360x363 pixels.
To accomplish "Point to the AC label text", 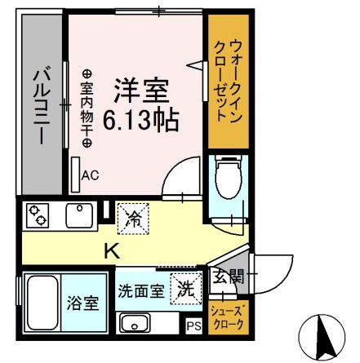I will (90, 174).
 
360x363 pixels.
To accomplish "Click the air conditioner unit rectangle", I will (74, 173).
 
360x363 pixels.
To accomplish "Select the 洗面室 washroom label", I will (140, 289).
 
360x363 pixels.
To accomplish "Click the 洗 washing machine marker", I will (184, 288).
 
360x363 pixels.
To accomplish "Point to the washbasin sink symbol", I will (136, 322).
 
